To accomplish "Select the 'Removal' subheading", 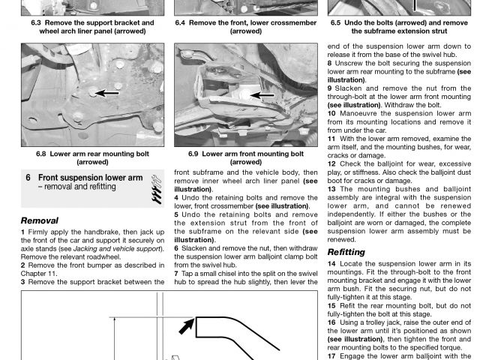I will tap(40, 221).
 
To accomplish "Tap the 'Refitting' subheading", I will tap(346, 252).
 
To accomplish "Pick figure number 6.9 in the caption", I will tap(194, 153).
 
